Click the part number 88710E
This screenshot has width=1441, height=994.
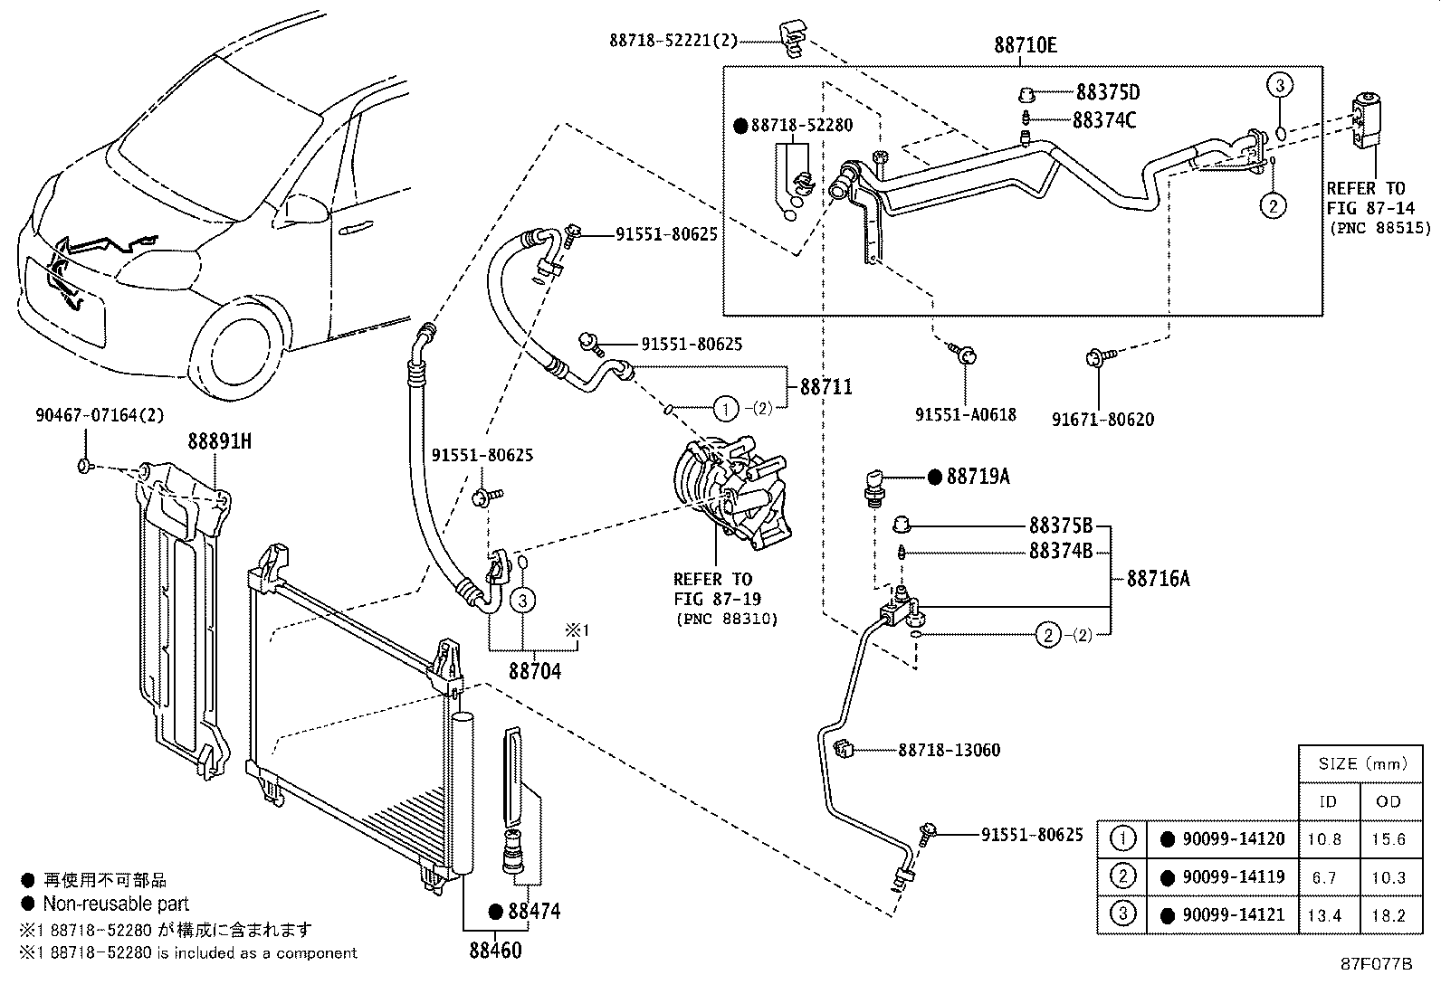click(x=1025, y=43)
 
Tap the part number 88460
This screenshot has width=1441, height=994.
click(x=495, y=951)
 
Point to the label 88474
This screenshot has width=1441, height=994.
click(x=533, y=911)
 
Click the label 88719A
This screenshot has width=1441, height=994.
click(x=978, y=477)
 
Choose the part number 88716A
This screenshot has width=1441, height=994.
click(x=1158, y=579)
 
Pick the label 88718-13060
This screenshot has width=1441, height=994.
click(x=950, y=750)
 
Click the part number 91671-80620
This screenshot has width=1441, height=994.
click(x=1102, y=420)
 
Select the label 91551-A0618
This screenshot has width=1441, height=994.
click(x=965, y=415)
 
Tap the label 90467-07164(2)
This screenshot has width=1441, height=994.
click(x=100, y=415)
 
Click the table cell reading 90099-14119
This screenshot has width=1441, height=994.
click(x=1233, y=876)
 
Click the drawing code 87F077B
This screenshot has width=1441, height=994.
click(x=1376, y=964)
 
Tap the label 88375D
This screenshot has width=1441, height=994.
click(x=1107, y=92)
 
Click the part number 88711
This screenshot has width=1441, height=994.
click(x=825, y=387)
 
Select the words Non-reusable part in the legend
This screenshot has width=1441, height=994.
click(x=116, y=904)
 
